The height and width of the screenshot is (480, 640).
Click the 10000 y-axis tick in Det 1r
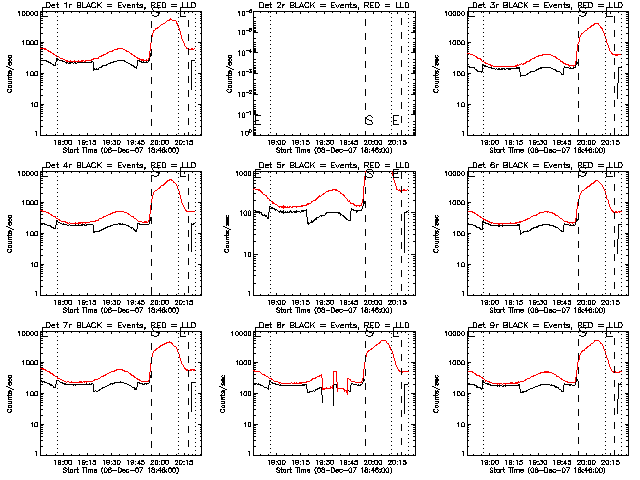point(24,14)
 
